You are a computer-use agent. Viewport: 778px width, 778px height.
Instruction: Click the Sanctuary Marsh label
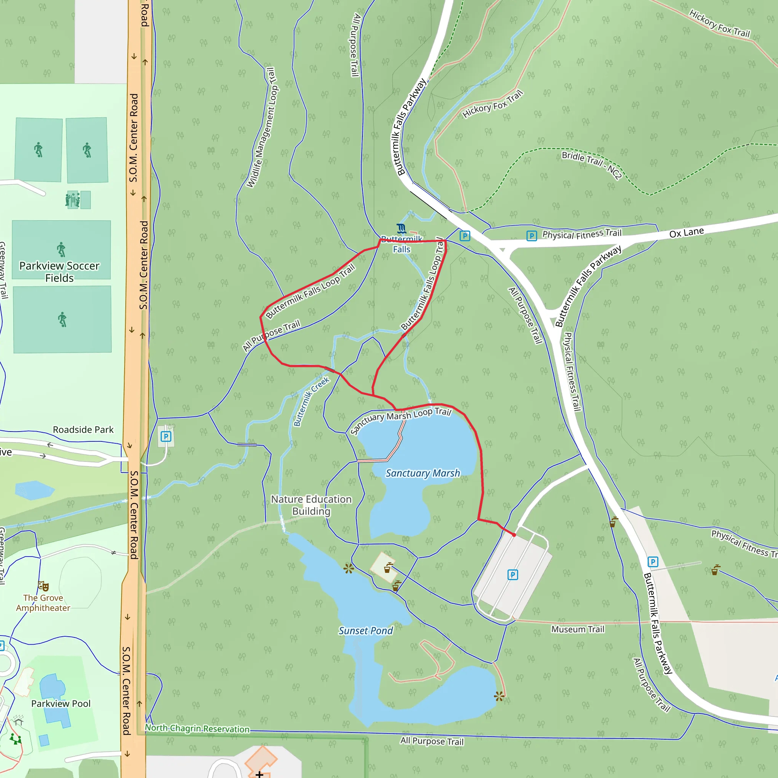(x=422, y=473)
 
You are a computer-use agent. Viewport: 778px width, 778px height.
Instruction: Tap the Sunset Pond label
(x=365, y=631)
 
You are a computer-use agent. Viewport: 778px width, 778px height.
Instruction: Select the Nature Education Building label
(x=311, y=505)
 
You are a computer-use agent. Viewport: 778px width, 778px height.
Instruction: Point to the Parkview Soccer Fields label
(x=60, y=272)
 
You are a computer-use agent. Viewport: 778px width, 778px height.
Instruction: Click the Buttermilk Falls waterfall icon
(x=401, y=229)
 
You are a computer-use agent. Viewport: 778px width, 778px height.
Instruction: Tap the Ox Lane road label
(x=686, y=233)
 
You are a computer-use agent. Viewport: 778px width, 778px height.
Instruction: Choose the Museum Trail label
(x=577, y=629)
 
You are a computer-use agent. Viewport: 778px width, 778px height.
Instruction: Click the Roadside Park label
(x=83, y=430)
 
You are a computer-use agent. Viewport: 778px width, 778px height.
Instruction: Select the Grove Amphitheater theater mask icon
(x=43, y=585)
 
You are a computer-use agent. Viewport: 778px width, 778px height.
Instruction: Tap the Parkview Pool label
(x=61, y=704)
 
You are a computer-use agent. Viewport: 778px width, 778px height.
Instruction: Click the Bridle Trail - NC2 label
(x=591, y=164)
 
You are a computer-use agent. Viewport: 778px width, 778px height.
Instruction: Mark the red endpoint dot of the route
(x=514, y=535)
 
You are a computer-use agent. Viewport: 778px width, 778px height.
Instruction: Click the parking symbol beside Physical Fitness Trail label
(x=531, y=236)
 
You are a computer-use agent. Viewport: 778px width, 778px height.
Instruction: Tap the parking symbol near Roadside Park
(x=166, y=436)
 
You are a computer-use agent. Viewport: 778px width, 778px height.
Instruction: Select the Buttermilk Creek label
(x=311, y=401)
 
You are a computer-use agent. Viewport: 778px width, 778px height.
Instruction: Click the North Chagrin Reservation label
(x=197, y=728)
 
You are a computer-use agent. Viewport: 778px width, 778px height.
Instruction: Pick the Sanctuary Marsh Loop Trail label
(x=401, y=420)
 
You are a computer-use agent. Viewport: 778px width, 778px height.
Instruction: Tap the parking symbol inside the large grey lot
(x=512, y=575)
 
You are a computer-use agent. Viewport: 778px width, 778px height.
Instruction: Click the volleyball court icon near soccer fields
(x=73, y=199)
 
